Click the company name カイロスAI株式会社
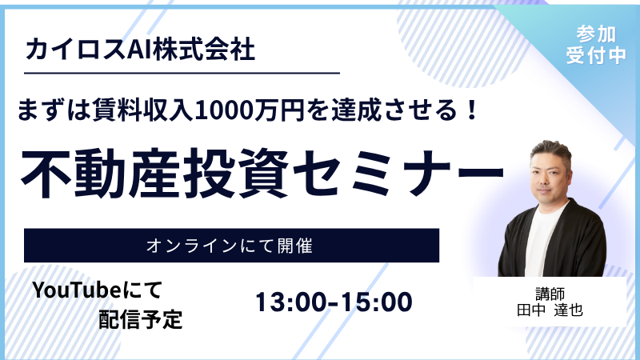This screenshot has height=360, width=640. pos(141,49)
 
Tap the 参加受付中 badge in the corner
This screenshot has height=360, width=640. pos(595,45)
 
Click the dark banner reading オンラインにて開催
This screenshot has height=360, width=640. pos(231,246)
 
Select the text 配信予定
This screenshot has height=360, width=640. pos(141,319)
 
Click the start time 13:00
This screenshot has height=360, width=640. pos(293,302)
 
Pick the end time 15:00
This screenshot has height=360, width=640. pos(376,302)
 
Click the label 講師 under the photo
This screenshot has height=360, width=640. pos(550,294)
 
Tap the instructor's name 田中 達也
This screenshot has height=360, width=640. pos(550,310)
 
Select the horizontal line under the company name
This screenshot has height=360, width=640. pos(182,74)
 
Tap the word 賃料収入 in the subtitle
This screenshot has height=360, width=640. pos(143,110)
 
